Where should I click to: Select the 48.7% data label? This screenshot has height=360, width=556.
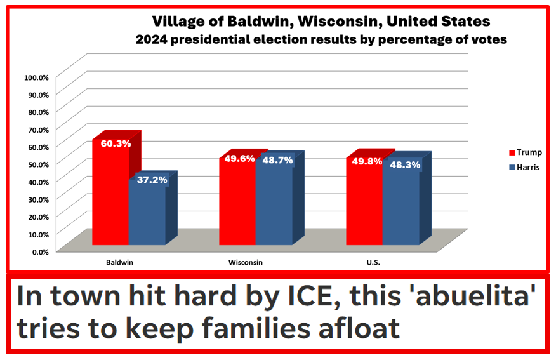[277, 160]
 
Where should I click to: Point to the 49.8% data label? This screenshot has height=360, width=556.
[367, 161]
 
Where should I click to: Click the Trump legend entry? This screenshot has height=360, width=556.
[524, 152]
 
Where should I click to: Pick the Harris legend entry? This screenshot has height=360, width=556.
[524, 168]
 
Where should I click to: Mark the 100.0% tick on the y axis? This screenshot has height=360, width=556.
[36, 77]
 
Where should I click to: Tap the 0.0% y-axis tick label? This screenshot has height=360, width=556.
[39, 251]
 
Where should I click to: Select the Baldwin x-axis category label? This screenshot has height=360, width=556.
[119, 262]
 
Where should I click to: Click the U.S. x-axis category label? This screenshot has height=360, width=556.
[373, 262]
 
